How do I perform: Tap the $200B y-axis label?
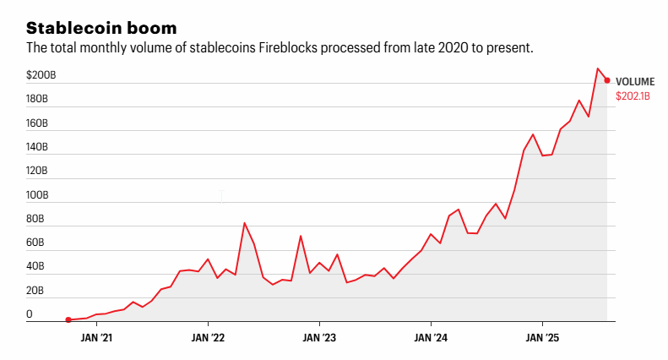click(41, 75)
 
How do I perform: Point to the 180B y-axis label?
click(37, 99)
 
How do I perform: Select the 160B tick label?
click(37, 123)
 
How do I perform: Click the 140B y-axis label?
click(37, 147)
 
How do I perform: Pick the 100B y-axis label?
click(37, 195)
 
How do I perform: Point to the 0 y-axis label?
click(30, 314)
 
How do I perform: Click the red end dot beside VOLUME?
click(607, 80)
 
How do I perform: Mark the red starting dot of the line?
click(68, 319)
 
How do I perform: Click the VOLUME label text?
click(635, 81)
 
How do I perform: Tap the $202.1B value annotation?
click(633, 96)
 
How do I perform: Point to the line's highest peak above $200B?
click(598, 68)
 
